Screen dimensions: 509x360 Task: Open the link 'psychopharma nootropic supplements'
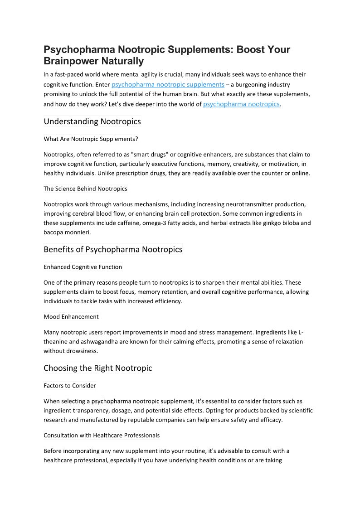click(x=168, y=84)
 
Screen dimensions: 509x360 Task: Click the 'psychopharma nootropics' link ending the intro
click(x=241, y=104)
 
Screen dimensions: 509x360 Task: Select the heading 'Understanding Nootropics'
click(x=92, y=121)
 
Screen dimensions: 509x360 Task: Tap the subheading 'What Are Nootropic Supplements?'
click(x=91, y=138)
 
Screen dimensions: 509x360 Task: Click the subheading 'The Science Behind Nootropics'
click(x=85, y=188)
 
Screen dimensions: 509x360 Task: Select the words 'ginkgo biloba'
click(x=282, y=223)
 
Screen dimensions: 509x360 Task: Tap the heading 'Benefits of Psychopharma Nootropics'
click(x=113, y=249)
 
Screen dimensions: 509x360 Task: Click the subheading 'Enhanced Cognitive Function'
click(x=83, y=267)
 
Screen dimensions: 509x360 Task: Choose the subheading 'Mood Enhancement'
click(x=71, y=316)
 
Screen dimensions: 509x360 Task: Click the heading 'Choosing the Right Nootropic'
click(x=98, y=368)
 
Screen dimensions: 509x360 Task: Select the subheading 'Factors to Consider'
click(x=70, y=385)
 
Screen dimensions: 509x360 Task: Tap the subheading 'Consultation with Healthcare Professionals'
click(x=102, y=435)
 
